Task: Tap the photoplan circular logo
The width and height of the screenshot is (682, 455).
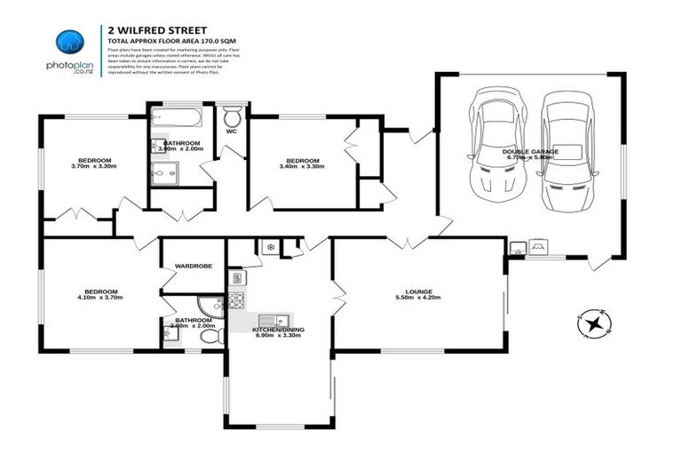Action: point(69,42)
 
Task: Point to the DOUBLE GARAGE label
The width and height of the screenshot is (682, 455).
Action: point(529,152)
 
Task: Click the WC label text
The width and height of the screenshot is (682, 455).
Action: point(232,132)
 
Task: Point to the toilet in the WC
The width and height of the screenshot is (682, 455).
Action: point(233,117)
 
